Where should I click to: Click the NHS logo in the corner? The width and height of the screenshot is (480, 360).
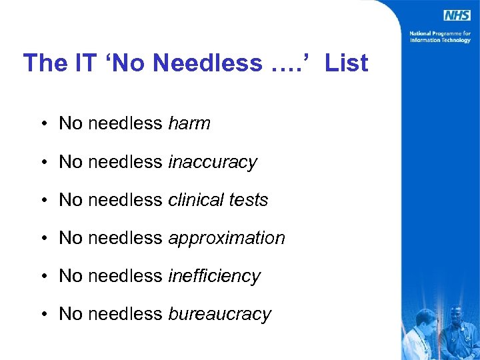point(457,15)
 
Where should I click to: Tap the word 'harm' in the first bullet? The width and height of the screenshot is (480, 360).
point(189,123)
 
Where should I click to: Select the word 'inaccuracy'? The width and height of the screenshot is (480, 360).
point(212,162)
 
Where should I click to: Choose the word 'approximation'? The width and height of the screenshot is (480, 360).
point(227,238)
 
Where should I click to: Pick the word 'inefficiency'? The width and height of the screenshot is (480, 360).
point(214,276)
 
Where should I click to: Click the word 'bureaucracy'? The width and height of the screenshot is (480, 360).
point(220,314)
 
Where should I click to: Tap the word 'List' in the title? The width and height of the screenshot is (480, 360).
point(347,63)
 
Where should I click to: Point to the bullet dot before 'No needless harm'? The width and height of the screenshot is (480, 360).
point(42,124)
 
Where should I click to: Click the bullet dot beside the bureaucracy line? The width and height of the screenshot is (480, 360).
point(42,315)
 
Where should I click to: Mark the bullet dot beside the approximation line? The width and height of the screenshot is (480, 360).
point(42,239)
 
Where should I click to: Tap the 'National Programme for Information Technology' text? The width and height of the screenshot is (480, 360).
point(440,36)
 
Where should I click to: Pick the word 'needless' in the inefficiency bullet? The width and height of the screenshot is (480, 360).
point(125,276)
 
